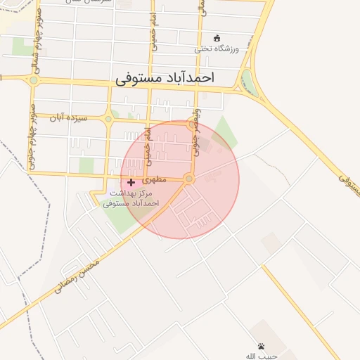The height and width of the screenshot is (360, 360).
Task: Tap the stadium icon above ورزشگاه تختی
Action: (x=217, y=38)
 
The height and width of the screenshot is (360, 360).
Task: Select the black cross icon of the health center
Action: (x=131, y=182)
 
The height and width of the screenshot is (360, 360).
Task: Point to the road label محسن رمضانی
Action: (x=77, y=274)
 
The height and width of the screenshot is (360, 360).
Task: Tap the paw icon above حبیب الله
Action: (x=262, y=346)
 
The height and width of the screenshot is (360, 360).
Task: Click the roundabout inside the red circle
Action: (x=188, y=179)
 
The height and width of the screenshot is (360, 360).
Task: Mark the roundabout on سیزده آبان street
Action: (x=108, y=119)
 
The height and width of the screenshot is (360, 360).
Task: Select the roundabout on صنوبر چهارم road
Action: (x=33, y=80)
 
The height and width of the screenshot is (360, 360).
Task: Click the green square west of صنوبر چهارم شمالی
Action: (x=20, y=47)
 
